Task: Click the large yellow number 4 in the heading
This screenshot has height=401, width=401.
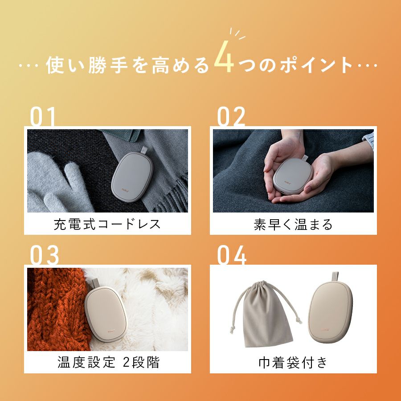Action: [224, 57]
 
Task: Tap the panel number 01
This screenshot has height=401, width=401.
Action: [43, 116]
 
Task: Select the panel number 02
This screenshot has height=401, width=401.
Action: [231, 116]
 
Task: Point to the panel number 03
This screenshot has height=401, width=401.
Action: [44, 255]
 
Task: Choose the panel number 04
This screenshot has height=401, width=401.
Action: [232, 255]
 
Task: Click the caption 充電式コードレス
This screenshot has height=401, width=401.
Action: [107, 224]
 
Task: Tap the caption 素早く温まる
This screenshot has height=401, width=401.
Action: [293, 224]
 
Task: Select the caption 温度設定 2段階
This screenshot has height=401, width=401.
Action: [108, 362]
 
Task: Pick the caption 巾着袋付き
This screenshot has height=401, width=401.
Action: [293, 363]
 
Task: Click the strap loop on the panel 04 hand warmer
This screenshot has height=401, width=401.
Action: [335, 277]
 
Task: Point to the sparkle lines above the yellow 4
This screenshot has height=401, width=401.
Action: [237, 34]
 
